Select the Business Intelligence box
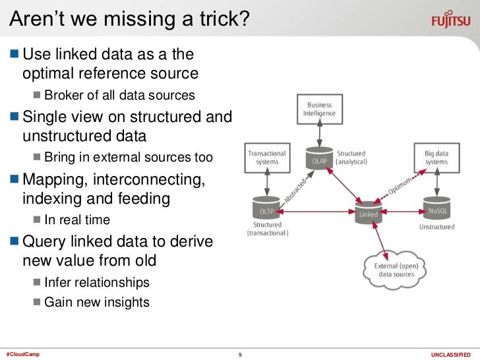tap(320, 109)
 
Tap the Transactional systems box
tap(266, 158)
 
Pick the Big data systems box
tap(436, 158)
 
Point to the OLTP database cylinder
tap(266, 210)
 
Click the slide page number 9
tap(240, 355)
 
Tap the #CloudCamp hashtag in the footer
tap(22, 355)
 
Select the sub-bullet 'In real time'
tap(77, 220)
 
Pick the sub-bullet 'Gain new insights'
tap(97, 303)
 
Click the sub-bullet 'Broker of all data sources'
tap(119, 95)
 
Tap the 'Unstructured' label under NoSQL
tap(436, 227)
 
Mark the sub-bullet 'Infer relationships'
tap(97, 282)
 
